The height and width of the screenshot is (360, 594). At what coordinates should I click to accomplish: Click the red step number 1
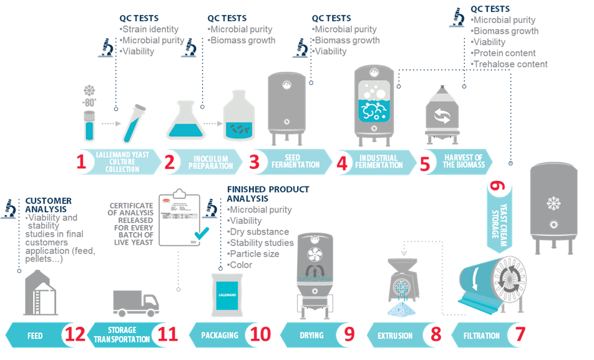pyautogui.click(x=83, y=162)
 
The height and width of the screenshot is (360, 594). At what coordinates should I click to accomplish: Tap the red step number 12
pyautogui.click(x=75, y=333)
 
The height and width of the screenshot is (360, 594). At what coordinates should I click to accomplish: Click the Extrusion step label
pyautogui.click(x=396, y=335)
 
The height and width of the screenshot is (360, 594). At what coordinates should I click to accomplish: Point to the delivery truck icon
pyautogui.click(x=136, y=303)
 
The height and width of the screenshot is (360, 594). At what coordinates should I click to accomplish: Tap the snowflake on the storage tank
pyautogui.click(x=553, y=203)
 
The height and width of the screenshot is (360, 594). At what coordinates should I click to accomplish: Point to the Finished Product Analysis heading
pyautogui.click(x=268, y=194)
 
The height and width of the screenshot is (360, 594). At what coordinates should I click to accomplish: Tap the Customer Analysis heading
pyautogui.click(x=49, y=204)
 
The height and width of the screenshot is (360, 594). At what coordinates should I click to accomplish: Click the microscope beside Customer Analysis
pyautogui.click(x=9, y=209)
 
